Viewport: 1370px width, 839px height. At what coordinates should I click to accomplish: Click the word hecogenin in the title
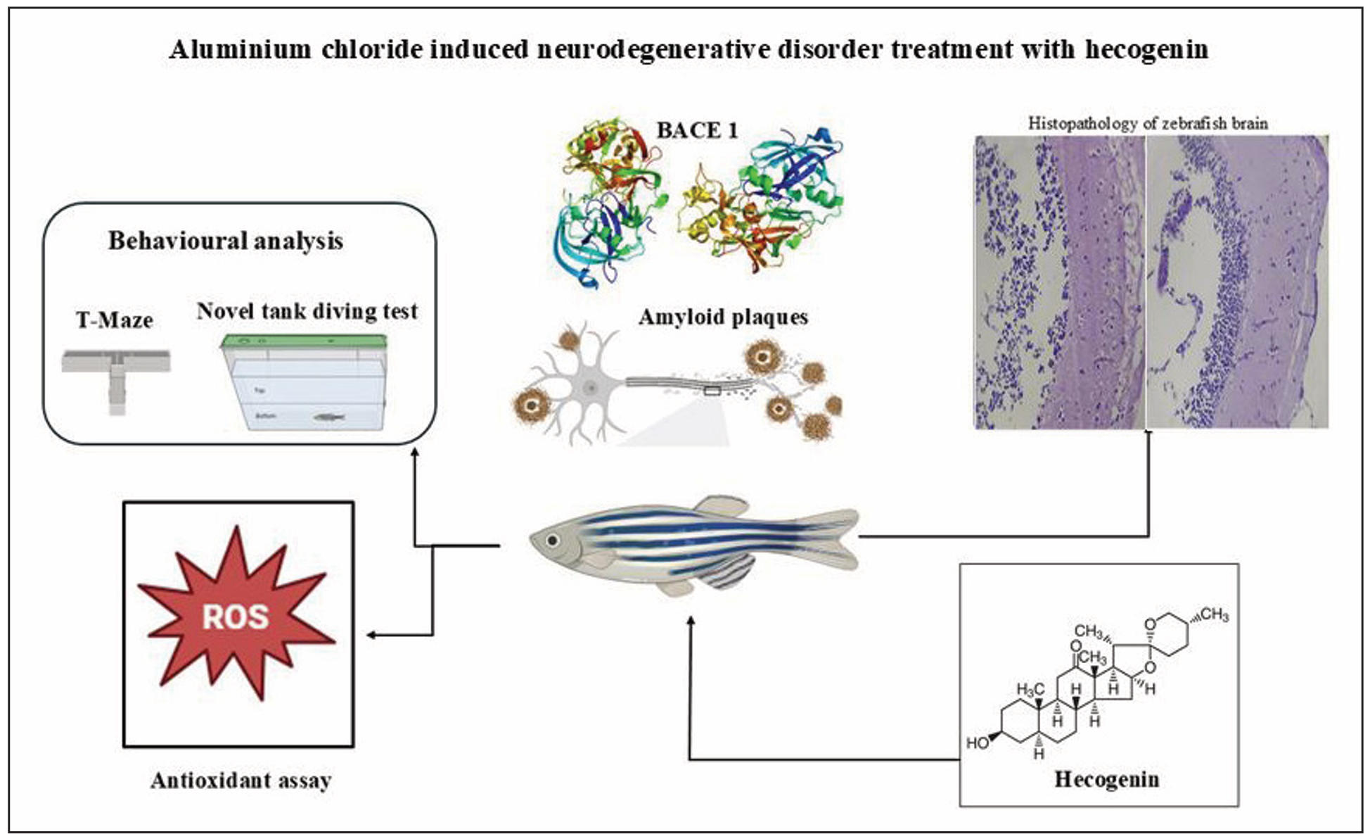(1146, 50)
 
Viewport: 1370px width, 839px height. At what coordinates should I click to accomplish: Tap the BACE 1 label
(697, 131)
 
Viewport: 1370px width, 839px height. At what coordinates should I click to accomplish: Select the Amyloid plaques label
(723, 317)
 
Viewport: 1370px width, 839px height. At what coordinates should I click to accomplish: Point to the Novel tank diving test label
(307, 311)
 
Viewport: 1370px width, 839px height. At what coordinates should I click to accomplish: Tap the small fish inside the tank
(328, 417)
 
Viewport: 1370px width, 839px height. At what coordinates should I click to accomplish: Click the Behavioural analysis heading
(226, 241)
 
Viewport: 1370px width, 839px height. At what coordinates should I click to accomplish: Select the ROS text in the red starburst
(236, 617)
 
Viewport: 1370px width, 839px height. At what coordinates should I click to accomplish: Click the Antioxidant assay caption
(241, 781)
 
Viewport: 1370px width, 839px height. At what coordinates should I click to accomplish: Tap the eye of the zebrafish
(553, 541)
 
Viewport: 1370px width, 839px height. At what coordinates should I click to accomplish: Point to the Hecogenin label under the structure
(1106, 779)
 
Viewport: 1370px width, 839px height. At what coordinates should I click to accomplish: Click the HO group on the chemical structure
(977, 743)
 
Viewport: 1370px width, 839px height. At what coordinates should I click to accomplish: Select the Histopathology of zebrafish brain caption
(1148, 124)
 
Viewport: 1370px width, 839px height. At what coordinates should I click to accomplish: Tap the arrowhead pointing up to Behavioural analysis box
(415, 452)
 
